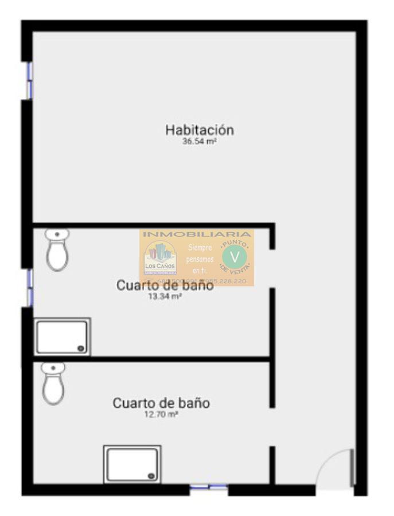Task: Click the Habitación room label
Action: pyautogui.click(x=200, y=130)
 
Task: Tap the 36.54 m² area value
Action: pyautogui.click(x=199, y=141)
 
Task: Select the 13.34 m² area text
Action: pyautogui.click(x=165, y=296)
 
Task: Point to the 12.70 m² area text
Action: pyautogui.click(x=161, y=414)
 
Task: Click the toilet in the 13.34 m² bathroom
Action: pyautogui.click(x=57, y=250)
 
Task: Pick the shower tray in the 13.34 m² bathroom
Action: pyautogui.click(x=62, y=337)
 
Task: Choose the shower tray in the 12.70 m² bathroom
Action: pyautogui.click(x=132, y=464)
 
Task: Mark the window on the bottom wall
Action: pyautogui.click(x=209, y=487)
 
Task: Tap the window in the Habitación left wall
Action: pyautogui.click(x=29, y=80)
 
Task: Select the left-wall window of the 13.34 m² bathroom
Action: pyautogui.click(x=29, y=287)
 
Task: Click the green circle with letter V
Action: pyautogui.click(x=234, y=255)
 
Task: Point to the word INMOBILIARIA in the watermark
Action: pyautogui.click(x=197, y=234)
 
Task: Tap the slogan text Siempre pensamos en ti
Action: pyautogui.click(x=200, y=259)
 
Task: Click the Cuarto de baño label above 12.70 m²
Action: pyautogui.click(x=161, y=403)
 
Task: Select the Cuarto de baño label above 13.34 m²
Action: pyautogui.click(x=165, y=285)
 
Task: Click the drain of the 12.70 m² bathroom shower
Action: pyautogui.click(x=151, y=475)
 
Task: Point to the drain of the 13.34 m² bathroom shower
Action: pyautogui.click(x=81, y=348)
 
